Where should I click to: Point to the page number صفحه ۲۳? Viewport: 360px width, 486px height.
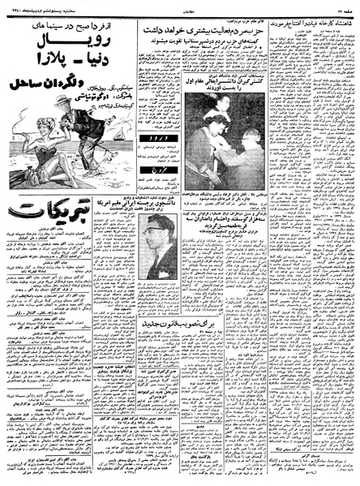coord(340,6)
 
